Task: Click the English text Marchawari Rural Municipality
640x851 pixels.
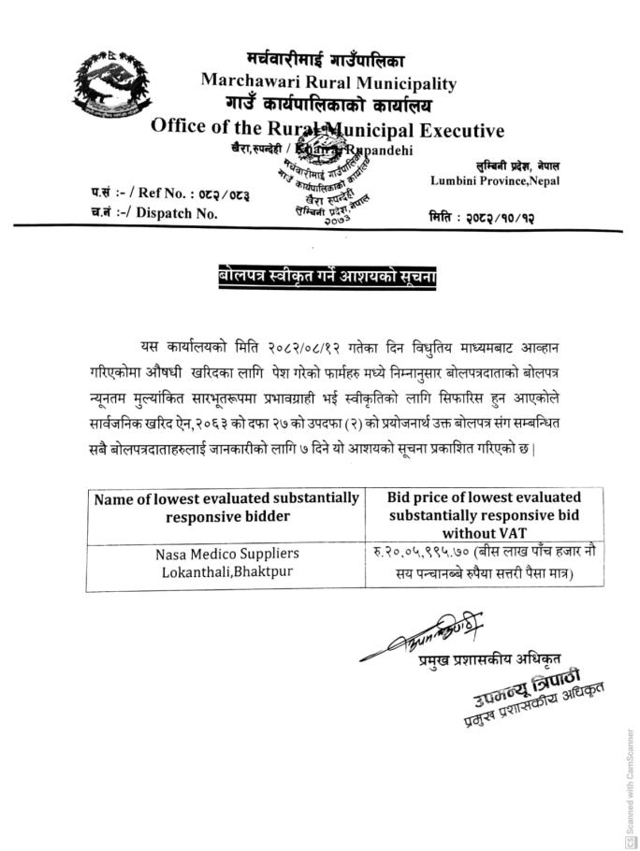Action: [328, 81]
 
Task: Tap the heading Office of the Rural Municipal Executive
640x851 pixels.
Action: [327, 129]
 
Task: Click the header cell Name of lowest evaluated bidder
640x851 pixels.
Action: [225, 507]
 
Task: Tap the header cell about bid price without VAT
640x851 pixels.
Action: [484, 514]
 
